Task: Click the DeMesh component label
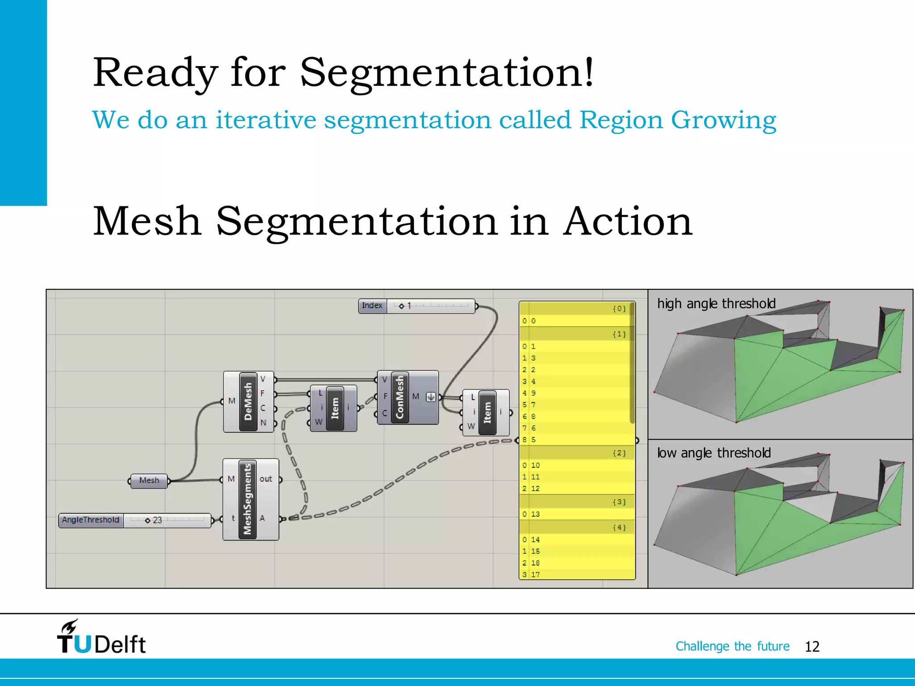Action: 248,402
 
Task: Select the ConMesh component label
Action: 399,397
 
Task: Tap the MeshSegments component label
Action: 248,499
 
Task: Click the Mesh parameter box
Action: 149,481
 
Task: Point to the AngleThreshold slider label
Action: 91,520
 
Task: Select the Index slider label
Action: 372,306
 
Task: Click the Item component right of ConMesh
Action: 487,412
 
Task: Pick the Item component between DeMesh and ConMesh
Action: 335,408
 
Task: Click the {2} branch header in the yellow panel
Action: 619,453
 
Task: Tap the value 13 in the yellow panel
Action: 535,514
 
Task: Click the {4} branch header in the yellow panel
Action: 619,527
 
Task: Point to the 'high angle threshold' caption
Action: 716,304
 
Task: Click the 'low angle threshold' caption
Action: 714,453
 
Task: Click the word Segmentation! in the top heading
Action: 447,73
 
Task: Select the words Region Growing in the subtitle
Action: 677,120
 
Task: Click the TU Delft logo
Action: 101,637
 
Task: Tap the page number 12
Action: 812,646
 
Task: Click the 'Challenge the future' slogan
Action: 732,646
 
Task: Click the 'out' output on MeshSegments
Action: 266,479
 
